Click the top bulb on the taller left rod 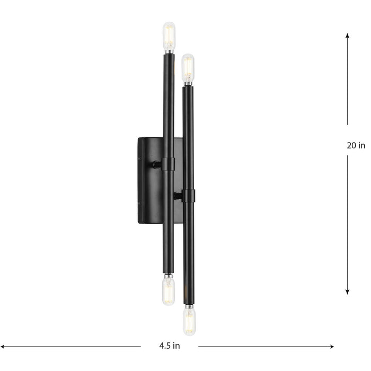[x=169, y=36]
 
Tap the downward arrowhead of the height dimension [x=347, y=291]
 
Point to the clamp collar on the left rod [x=168, y=164]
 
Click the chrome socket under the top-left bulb [x=169, y=52]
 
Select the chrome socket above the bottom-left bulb [x=168, y=276]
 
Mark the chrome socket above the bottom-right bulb [x=188, y=306]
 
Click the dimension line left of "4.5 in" [x=74, y=347]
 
